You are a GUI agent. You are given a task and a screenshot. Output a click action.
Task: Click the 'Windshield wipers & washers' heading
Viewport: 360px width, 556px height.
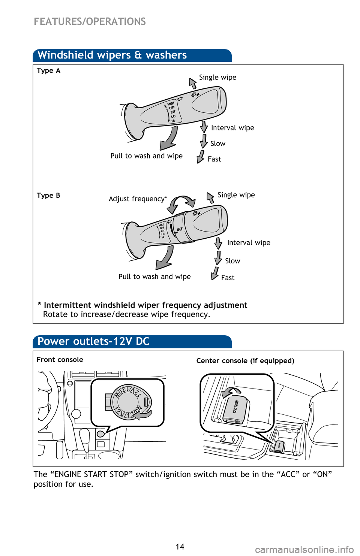pyautogui.click(x=112, y=55)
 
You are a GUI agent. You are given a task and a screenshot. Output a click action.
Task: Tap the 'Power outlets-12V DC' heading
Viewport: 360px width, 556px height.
pyautogui.click(x=93, y=341)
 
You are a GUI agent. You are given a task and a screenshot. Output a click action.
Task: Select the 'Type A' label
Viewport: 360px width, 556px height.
pyautogui.click(x=48, y=70)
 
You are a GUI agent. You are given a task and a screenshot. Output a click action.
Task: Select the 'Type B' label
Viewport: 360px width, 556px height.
pyautogui.click(x=48, y=195)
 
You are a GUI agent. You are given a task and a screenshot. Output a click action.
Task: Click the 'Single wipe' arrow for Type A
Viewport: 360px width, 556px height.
pyautogui.click(x=193, y=83)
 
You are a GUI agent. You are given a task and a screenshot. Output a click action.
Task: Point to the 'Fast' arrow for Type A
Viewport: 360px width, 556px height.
pyautogui.click(x=201, y=157)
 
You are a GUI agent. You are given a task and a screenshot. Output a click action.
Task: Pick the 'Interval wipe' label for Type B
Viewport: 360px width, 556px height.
pyautogui.click(x=249, y=243)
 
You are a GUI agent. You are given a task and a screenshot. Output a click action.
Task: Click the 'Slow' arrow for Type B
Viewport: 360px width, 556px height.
pyautogui.click(x=218, y=258)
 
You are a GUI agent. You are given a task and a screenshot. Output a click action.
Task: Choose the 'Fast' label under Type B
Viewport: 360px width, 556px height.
pyautogui.click(x=228, y=278)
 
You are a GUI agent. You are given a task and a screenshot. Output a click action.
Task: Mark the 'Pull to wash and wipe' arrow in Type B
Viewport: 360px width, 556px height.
pyautogui.click(x=165, y=258)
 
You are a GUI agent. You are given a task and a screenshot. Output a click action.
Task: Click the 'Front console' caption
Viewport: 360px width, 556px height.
pyautogui.click(x=60, y=360)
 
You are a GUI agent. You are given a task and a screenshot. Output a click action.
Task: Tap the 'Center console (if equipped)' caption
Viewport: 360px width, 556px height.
pyautogui.click(x=245, y=361)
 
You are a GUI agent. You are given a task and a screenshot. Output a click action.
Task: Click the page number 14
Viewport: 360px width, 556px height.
pyautogui.click(x=180, y=547)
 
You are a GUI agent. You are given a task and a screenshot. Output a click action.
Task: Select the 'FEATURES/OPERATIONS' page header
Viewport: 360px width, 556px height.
pyautogui.click(x=90, y=21)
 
